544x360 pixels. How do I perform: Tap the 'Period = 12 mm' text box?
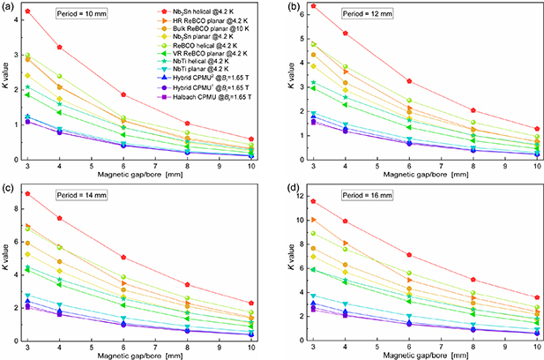342,17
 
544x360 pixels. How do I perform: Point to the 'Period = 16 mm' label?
342,194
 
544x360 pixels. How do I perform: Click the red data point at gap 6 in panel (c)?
123,258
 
